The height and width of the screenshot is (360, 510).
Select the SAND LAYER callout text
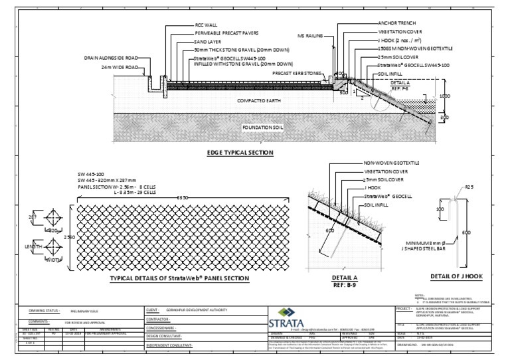coord(209,41)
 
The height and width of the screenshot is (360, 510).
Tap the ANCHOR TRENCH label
coord(396,23)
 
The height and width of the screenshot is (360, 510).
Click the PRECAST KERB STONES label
coord(296,74)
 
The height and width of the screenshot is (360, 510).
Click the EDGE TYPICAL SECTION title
coord(240,153)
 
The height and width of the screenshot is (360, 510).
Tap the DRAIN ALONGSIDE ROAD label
coord(111,58)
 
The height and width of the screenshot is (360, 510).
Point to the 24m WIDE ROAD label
coord(120,68)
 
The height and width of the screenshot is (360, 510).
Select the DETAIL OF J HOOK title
coord(455,276)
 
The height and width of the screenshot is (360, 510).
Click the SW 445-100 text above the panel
coord(92,174)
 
